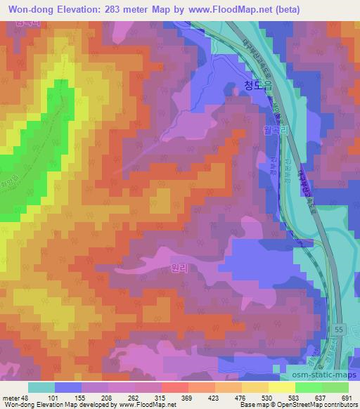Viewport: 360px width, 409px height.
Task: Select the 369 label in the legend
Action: [x=167, y=398]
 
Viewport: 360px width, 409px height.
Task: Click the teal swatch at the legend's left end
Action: [x=41, y=387]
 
